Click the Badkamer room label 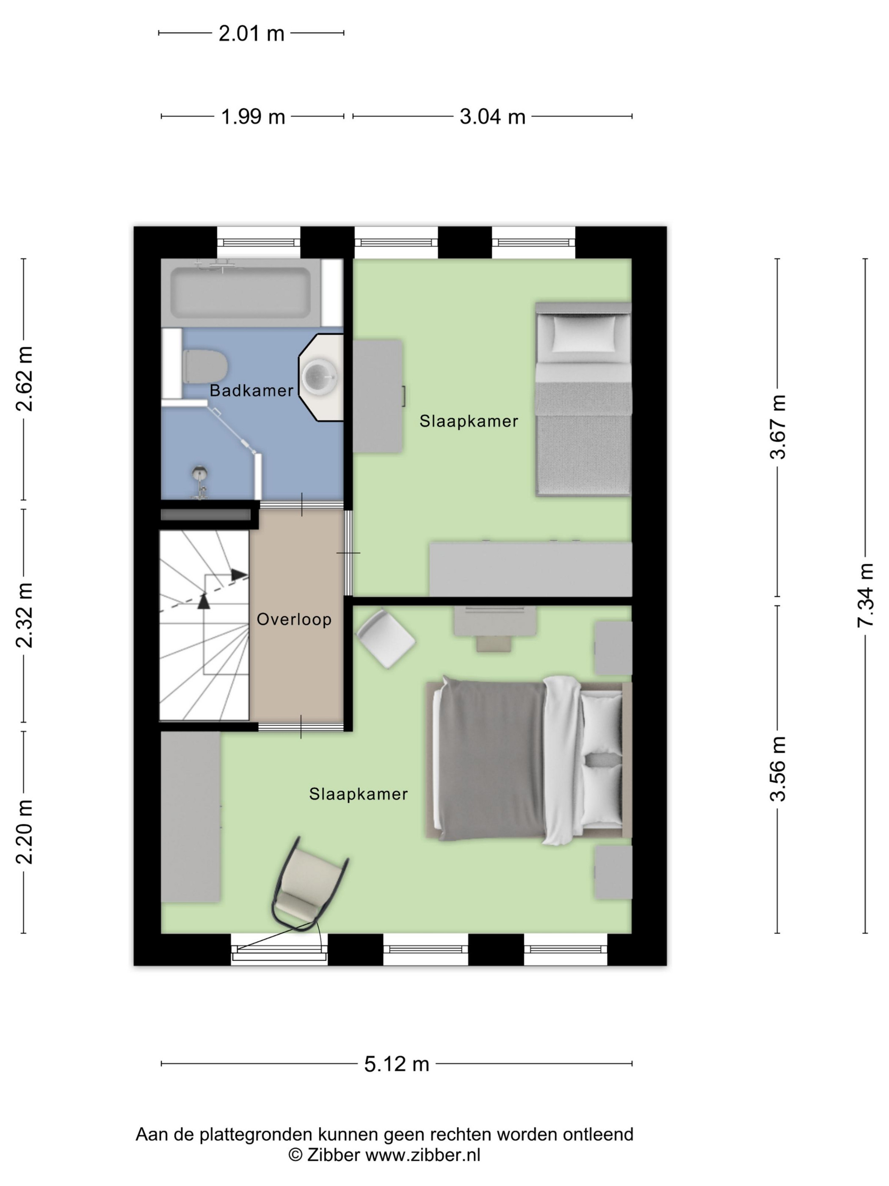[251, 391]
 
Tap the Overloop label [294, 619]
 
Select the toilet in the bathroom [205, 366]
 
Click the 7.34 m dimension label [865, 596]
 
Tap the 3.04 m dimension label [492, 116]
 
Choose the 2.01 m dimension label [251, 33]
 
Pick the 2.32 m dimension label [24, 615]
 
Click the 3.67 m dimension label [778, 427]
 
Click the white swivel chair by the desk [386, 638]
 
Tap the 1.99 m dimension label [253, 116]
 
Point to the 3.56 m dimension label [778, 769]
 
